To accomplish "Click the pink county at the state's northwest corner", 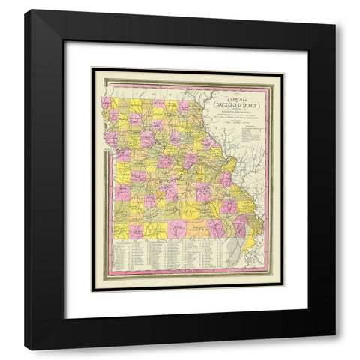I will [x=107, y=101].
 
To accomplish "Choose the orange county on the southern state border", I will [x=196, y=229].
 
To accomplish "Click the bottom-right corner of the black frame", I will [x=334, y=348].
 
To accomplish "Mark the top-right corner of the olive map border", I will [x=283, y=70].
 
